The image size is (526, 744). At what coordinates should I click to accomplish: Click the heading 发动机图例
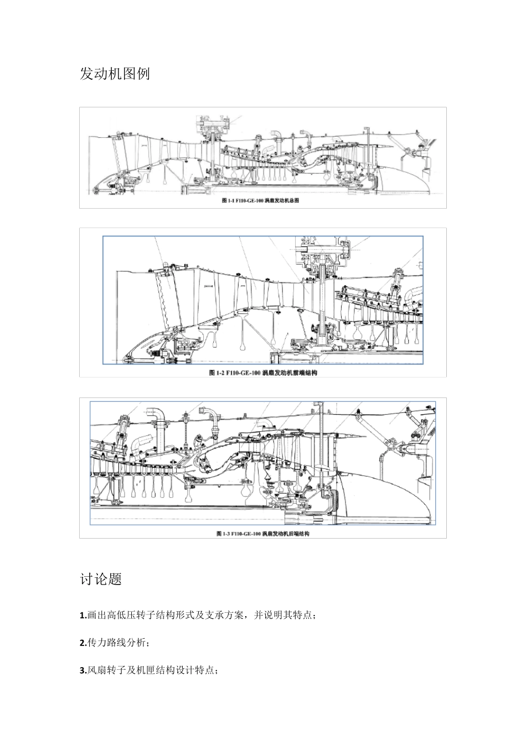[115, 74]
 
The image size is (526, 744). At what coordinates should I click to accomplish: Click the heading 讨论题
[101, 580]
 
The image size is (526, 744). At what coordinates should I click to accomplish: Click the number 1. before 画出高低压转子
[83, 616]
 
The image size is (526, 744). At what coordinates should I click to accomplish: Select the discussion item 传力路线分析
[117, 643]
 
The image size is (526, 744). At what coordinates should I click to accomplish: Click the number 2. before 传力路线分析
[83, 643]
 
